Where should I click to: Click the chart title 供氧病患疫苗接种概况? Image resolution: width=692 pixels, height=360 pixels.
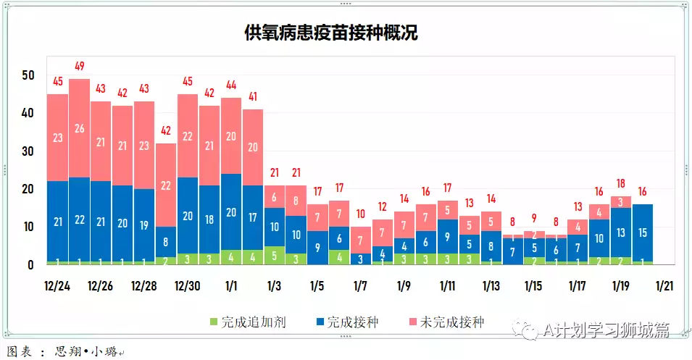click(x=332, y=33)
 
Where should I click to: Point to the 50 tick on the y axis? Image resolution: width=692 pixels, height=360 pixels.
click(x=28, y=75)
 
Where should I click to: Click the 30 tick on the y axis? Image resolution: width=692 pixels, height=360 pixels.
click(x=28, y=151)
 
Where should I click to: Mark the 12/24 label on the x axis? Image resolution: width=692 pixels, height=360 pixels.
click(x=57, y=285)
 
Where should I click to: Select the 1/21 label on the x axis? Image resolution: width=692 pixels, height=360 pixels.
click(x=664, y=285)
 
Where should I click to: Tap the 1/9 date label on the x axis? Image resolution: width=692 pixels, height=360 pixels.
click(x=404, y=285)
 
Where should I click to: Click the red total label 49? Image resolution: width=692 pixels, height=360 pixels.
click(x=80, y=67)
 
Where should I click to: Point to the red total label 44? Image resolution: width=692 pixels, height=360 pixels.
click(x=231, y=85)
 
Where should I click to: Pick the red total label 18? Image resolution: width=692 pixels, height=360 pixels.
click(x=620, y=184)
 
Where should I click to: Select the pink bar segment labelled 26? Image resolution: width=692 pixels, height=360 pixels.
click(x=80, y=128)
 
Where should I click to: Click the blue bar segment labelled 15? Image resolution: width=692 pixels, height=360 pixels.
click(x=642, y=232)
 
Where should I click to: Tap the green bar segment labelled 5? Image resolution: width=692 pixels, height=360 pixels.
click(x=274, y=255)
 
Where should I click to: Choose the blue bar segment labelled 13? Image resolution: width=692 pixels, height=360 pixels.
click(x=620, y=233)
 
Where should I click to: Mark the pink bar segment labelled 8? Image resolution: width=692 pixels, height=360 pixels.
click(x=296, y=201)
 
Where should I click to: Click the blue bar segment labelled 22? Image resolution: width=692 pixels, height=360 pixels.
click(x=80, y=219)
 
